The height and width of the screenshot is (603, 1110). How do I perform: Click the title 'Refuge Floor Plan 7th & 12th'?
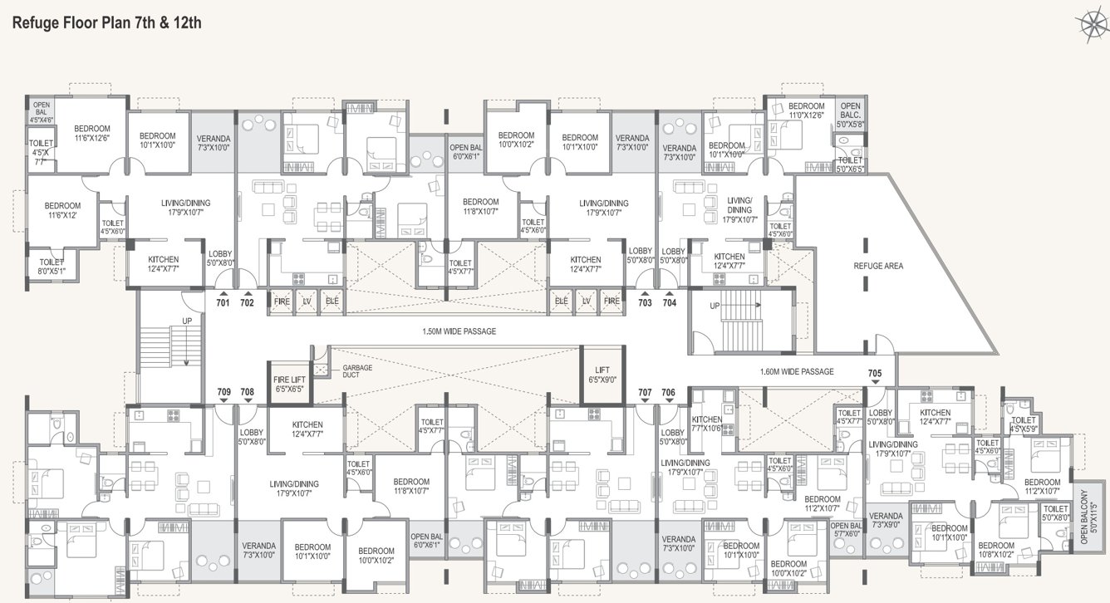coord(107,22)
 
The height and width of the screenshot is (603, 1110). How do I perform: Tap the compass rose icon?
coord(1090,24)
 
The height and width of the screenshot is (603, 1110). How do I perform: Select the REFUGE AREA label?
coord(877,266)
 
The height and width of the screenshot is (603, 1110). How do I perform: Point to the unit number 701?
coord(223,303)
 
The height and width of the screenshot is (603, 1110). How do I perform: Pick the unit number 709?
coord(223,391)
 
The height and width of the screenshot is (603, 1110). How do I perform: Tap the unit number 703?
coord(645,303)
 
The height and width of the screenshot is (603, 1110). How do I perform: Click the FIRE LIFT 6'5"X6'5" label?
coord(288,384)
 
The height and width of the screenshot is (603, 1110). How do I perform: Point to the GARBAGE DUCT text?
coord(357,371)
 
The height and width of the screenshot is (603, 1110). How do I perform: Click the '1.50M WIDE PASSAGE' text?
coord(459,331)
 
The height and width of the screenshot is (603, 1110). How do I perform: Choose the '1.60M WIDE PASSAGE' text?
coord(797,371)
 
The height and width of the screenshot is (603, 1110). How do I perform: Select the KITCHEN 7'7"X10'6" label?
coord(707,424)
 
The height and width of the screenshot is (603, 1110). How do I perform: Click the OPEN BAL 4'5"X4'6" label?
coord(42,113)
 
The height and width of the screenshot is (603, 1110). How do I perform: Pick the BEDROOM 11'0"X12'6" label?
coord(806,110)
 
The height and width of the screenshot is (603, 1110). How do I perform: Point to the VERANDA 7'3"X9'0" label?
coord(886,520)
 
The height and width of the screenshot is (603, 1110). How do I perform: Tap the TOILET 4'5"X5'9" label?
coord(1024,426)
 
